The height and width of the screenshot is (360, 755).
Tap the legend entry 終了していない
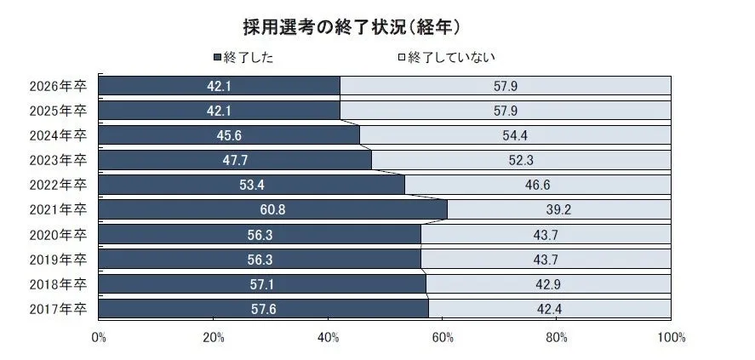coord(446,58)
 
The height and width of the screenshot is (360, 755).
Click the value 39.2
coord(559,209)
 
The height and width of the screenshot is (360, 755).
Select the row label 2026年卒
coord(58,86)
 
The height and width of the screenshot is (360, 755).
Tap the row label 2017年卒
coord(58,308)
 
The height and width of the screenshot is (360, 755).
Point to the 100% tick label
coord(672,338)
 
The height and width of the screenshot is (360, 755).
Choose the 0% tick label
coord(99,338)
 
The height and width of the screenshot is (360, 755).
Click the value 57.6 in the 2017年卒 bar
coord(264,308)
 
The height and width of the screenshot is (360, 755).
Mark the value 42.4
coord(550,308)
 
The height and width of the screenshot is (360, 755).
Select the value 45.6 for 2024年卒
coord(229,135)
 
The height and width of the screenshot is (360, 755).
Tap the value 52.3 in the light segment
coord(521,160)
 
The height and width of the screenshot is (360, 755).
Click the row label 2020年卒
coord(58,234)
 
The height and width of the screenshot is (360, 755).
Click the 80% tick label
coord(557,338)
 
